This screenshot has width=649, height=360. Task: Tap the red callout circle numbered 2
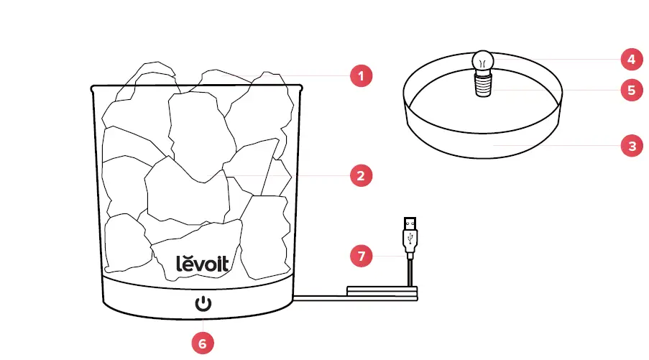point(361,175)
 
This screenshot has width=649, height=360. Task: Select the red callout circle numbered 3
point(631,146)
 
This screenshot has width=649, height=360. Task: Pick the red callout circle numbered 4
point(631,58)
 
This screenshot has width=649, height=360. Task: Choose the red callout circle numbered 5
point(631,91)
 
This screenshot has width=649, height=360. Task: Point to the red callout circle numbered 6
point(203,343)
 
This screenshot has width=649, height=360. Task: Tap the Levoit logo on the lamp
point(203,263)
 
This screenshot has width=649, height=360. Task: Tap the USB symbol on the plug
point(410,238)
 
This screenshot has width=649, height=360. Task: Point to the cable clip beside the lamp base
point(381,291)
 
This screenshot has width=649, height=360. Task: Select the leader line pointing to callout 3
point(561,146)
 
